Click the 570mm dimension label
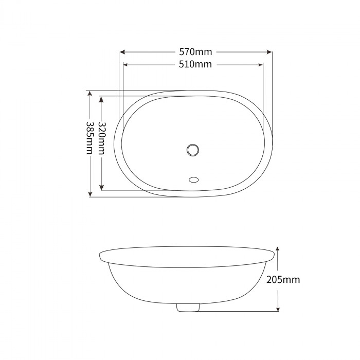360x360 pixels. coord(195,52)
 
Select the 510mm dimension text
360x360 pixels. coord(195,65)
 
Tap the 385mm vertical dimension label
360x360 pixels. coord(90,138)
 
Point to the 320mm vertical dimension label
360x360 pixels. coord(102,138)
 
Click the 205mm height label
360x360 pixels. coord(283,280)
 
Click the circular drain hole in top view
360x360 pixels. coord(193,150)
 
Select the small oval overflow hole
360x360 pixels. coord(194,180)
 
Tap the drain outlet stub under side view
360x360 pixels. coord(187,307)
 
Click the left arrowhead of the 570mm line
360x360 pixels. coord(122,52)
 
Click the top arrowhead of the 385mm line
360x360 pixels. coord(90,94)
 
